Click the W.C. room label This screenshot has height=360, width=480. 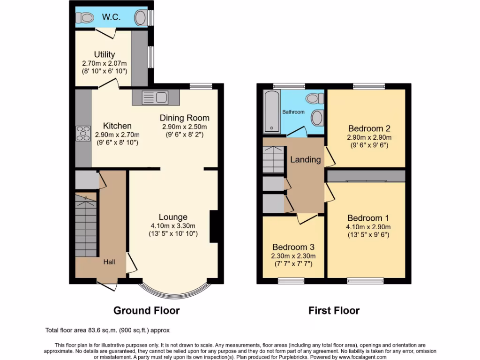click(112, 17)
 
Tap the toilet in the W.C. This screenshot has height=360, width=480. click(85, 18)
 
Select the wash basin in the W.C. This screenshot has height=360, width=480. click(140, 18)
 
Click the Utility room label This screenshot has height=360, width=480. click(104, 55)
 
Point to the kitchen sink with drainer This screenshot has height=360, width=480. click(156, 98)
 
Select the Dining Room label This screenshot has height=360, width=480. click(184, 118)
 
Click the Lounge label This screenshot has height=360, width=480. click(173, 217)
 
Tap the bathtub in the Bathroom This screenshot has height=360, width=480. click(272, 112)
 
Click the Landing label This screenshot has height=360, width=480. click(306, 159)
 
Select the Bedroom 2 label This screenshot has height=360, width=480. click(369, 128)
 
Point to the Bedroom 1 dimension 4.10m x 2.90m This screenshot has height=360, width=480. click(369, 227)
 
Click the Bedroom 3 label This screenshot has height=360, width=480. click(293, 247)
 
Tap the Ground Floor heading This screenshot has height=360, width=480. click(146, 310)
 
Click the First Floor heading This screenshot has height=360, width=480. click(334, 310)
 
